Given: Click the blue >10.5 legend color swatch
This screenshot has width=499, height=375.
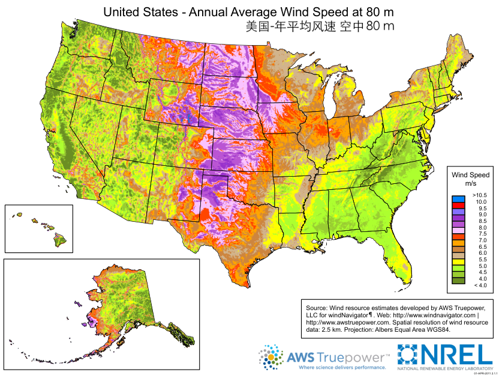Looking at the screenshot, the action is pyautogui.click(x=458, y=199).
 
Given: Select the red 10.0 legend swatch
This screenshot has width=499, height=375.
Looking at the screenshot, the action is pyautogui.click(x=458, y=205).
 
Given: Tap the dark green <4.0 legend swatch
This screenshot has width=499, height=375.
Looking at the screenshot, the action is pyautogui.click(x=458, y=281).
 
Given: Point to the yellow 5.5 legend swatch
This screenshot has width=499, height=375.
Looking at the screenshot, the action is pyautogui.click(x=458, y=262).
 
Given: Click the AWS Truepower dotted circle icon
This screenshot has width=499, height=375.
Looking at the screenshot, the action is pyautogui.click(x=271, y=357).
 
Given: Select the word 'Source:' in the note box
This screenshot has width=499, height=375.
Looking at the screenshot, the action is pyautogui.click(x=317, y=308).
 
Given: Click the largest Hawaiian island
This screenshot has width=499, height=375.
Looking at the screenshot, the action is pyautogui.click(x=60, y=240).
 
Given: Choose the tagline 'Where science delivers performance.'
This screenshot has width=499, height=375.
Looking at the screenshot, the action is pyautogui.click(x=342, y=367).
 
